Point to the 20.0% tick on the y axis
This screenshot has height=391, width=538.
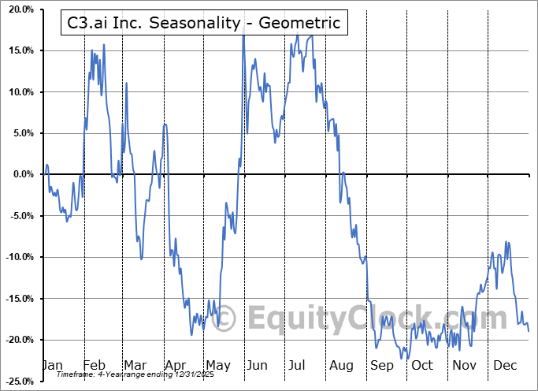21,10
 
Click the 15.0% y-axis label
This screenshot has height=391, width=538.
21,51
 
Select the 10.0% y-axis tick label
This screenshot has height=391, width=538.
21,92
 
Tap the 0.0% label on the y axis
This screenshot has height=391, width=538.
24,174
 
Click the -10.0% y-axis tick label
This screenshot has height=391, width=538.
20,257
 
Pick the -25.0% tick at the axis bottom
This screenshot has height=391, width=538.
20,381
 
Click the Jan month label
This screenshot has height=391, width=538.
51,366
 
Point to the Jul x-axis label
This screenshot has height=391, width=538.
298,366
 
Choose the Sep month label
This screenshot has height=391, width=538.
382,366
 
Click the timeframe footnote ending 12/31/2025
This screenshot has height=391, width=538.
125,374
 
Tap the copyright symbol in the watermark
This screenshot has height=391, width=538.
225,319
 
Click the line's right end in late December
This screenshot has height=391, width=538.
528,331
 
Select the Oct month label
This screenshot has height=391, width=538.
422,366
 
